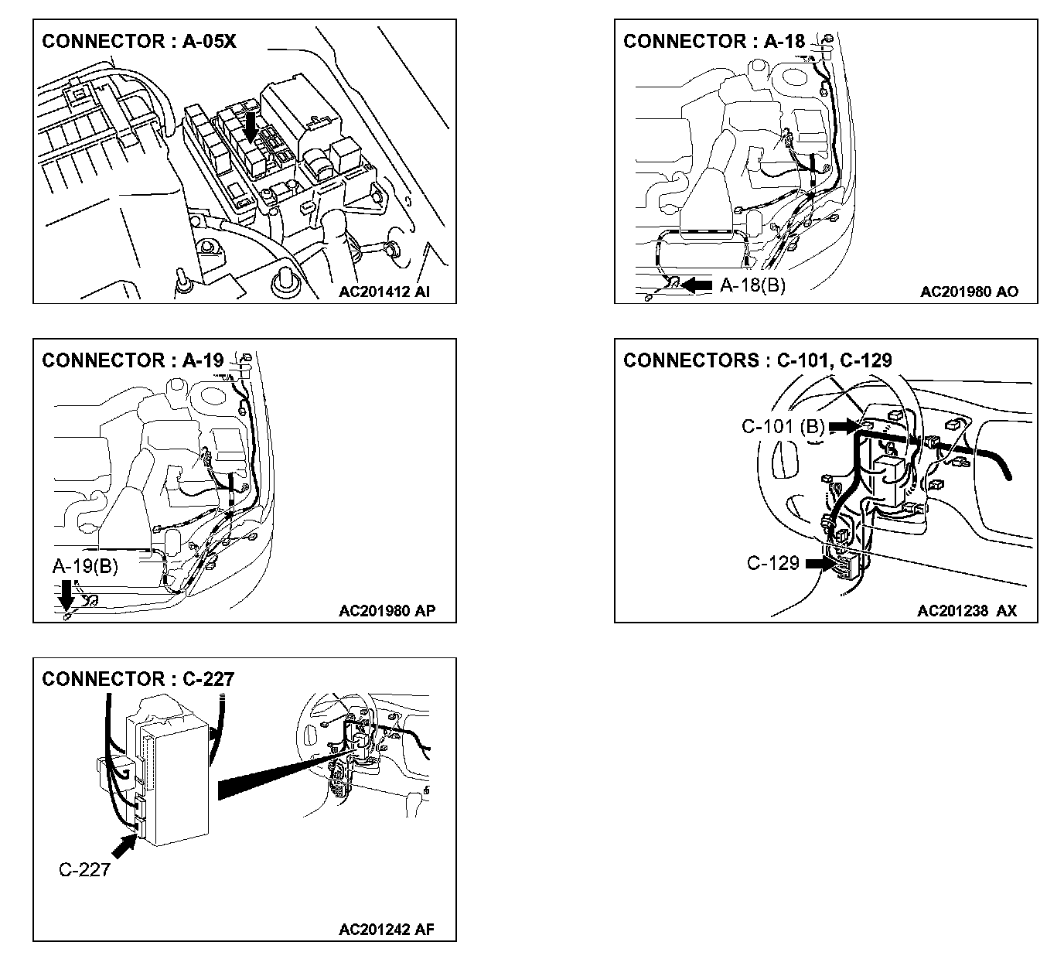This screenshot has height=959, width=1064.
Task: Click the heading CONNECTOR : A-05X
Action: tap(139, 41)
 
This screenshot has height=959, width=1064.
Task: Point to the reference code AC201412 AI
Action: tap(384, 292)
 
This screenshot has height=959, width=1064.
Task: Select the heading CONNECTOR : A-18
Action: tap(714, 41)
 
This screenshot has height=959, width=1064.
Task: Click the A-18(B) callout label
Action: tap(752, 285)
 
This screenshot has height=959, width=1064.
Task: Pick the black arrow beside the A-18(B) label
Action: tap(696, 285)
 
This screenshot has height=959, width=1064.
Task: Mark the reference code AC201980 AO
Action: tap(969, 292)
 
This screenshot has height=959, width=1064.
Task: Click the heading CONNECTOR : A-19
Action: tap(133, 360)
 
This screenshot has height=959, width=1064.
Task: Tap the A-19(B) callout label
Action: tap(85, 567)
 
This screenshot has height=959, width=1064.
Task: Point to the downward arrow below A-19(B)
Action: tap(66, 594)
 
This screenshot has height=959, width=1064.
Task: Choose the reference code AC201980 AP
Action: tap(387, 611)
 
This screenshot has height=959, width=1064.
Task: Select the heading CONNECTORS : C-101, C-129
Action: tap(758, 360)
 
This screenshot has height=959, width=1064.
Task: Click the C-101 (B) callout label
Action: tap(783, 426)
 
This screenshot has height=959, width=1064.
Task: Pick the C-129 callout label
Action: tap(772, 563)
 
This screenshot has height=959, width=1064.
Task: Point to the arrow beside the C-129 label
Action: tap(821, 564)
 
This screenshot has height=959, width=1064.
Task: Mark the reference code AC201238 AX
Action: tap(967, 611)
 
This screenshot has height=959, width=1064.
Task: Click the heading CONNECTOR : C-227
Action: tap(138, 679)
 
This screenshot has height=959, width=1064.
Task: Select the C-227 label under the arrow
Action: tap(84, 870)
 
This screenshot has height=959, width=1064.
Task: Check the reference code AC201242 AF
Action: tap(387, 930)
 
